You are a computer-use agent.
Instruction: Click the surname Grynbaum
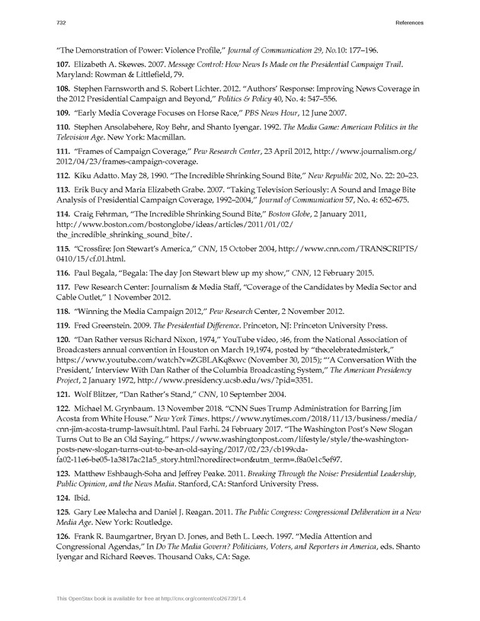coord(130,409)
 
